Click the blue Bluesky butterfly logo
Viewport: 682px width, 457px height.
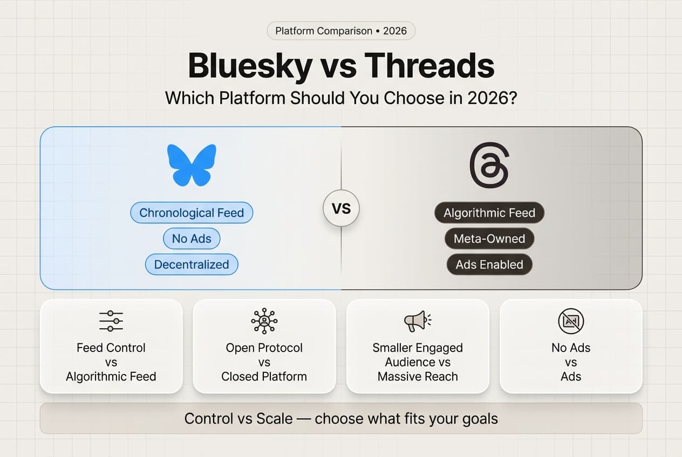pos(192,165)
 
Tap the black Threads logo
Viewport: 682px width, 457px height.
pos(489,165)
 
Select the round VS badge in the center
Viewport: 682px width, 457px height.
pos(341,208)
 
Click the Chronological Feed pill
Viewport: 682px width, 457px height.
pos(192,213)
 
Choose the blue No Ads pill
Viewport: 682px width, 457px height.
pos(192,239)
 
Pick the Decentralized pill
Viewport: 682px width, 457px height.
pos(192,265)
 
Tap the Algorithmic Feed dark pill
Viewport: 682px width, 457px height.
pos(489,213)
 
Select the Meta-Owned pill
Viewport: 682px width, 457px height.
pos(489,239)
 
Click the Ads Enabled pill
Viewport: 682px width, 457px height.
pos(489,265)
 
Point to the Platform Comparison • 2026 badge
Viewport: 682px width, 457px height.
pos(341,31)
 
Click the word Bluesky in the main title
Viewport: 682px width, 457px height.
pos(249,66)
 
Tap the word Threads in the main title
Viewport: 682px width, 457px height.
pos(429,66)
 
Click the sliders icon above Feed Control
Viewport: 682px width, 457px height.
pos(111,321)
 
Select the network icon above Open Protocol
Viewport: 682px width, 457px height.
pos(264,321)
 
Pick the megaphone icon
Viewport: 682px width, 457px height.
pos(417,321)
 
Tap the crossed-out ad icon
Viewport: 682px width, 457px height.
pos(571,322)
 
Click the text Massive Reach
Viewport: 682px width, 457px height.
pos(418,377)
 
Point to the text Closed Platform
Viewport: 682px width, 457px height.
pos(264,377)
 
